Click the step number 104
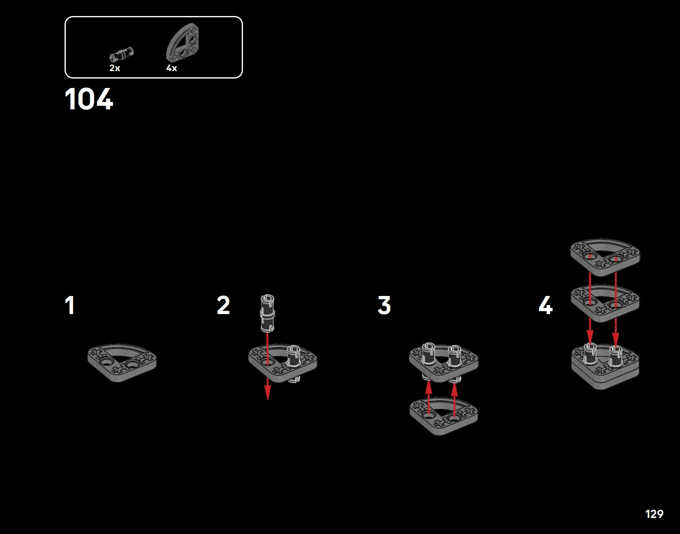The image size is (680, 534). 89,99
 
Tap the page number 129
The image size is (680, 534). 654,514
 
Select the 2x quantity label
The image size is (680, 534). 115,68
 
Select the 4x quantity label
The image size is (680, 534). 171,68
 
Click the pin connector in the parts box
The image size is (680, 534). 122,55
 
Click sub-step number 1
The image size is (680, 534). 70,305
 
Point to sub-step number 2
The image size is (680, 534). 223,305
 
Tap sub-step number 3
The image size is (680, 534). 384,305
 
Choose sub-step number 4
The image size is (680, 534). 546,305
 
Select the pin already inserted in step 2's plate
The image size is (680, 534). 294,356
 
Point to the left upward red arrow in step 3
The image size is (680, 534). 428,391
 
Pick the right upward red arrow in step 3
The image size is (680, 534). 454,391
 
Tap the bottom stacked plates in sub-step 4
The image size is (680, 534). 605,372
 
